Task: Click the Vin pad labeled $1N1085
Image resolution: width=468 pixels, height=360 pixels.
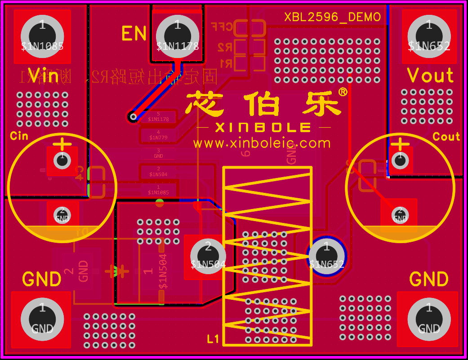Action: pyautogui.click(x=42, y=36)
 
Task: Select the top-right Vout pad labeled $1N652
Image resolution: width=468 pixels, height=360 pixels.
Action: pyautogui.click(x=429, y=36)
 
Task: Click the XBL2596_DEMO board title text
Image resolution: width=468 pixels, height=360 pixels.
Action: pyautogui.click(x=332, y=17)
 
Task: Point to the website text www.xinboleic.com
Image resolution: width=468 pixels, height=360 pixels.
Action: pyautogui.click(x=262, y=143)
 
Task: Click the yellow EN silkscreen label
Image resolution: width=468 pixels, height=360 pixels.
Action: pyautogui.click(x=134, y=34)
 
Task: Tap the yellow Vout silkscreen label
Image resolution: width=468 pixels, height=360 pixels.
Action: pyautogui.click(x=430, y=76)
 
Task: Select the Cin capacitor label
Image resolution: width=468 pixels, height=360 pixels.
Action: pyautogui.click(x=19, y=136)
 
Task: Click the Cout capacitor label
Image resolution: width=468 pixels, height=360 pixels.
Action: pyautogui.click(x=446, y=137)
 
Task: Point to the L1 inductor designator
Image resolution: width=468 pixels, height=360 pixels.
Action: pyautogui.click(x=213, y=339)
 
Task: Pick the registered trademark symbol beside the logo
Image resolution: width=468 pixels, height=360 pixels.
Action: pyautogui.click(x=342, y=92)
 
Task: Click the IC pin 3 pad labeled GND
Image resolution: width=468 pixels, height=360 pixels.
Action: pyautogui.click(x=158, y=153)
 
